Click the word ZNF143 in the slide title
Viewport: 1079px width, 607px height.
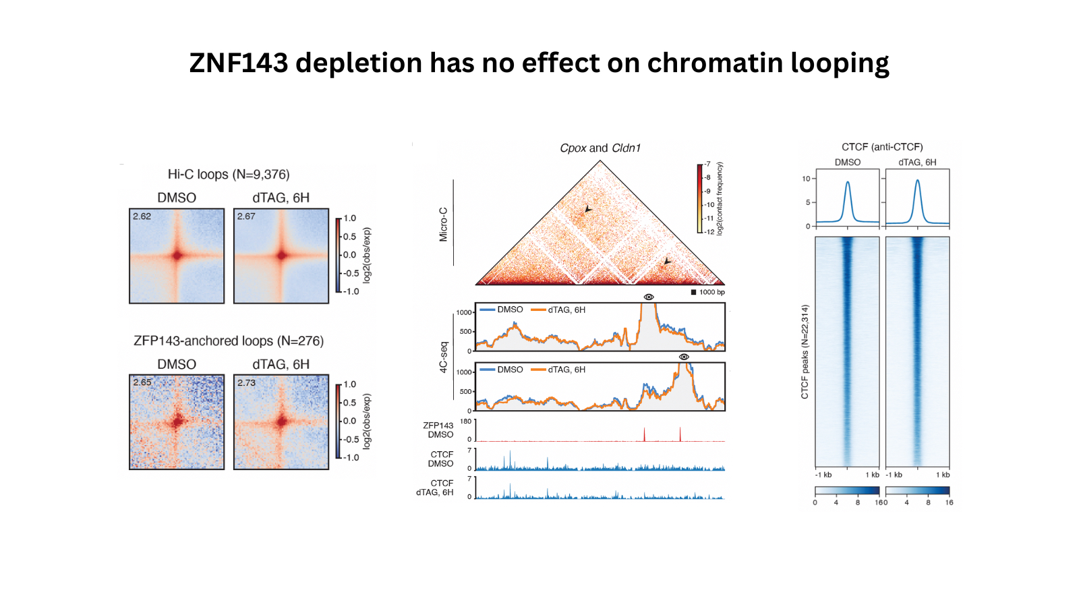coord(239,63)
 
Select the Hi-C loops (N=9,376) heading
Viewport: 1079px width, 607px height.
coord(229,175)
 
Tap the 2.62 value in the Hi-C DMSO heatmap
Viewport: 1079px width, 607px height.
coord(142,216)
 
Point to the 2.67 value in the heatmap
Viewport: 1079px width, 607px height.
coord(246,216)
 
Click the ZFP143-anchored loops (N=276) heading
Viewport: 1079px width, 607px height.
coord(229,341)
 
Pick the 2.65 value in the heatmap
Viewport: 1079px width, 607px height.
coord(142,382)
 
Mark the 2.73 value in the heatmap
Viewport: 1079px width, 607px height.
coord(246,382)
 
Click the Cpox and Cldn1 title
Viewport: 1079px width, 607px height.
coord(600,148)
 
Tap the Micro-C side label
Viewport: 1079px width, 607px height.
coord(444,225)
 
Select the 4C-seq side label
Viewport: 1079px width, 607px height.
coord(444,357)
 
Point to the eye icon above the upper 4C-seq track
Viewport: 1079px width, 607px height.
coord(649,297)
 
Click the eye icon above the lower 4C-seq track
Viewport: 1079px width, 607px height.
coord(684,357)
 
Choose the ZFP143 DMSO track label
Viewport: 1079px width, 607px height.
coord(438,430)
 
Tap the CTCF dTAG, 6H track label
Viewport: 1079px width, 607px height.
coord(436,488)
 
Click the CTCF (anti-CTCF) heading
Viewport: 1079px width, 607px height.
coord(882,147)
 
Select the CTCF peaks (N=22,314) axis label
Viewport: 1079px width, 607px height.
coord(805,351)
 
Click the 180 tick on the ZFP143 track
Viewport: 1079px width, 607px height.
coord(465,422)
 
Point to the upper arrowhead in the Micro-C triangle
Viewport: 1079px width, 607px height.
coord(588,210)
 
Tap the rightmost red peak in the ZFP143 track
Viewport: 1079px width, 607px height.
coord(680,433)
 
